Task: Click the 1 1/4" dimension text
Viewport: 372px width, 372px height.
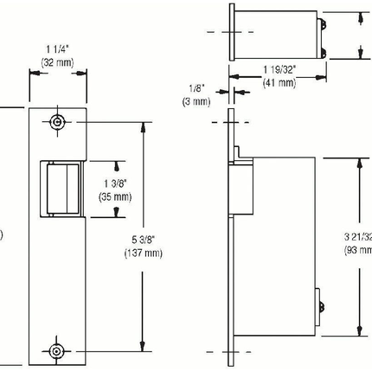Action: (59, 49)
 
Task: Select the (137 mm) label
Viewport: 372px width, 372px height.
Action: (140, 253)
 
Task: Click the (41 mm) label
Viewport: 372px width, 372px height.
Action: (279, 82)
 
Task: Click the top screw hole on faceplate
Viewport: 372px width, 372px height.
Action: (58, 122)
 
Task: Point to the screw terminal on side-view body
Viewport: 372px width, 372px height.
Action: (323, 305)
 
